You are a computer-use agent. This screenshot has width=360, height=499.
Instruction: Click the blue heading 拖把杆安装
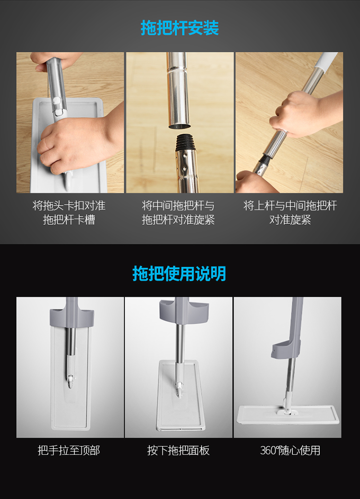pos(180,28)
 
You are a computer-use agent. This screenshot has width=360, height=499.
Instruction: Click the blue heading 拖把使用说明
pos(180,273)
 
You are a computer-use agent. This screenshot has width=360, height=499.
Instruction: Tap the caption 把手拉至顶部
pos(69,450)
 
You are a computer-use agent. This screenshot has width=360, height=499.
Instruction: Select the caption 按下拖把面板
pos(179,450)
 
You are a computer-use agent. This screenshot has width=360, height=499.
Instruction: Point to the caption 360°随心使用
pos(290,450)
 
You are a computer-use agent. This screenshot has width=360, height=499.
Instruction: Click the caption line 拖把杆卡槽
pos(69,219)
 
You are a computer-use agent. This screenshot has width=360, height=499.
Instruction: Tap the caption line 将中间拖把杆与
pos(178,206)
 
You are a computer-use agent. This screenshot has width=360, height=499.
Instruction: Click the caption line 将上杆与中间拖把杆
pos(290,206)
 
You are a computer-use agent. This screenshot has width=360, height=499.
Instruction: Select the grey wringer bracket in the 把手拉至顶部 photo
pos(72,317)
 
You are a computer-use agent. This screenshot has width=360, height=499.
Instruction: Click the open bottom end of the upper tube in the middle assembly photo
pos(180,126)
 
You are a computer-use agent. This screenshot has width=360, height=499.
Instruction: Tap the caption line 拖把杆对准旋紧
pos(178,219)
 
